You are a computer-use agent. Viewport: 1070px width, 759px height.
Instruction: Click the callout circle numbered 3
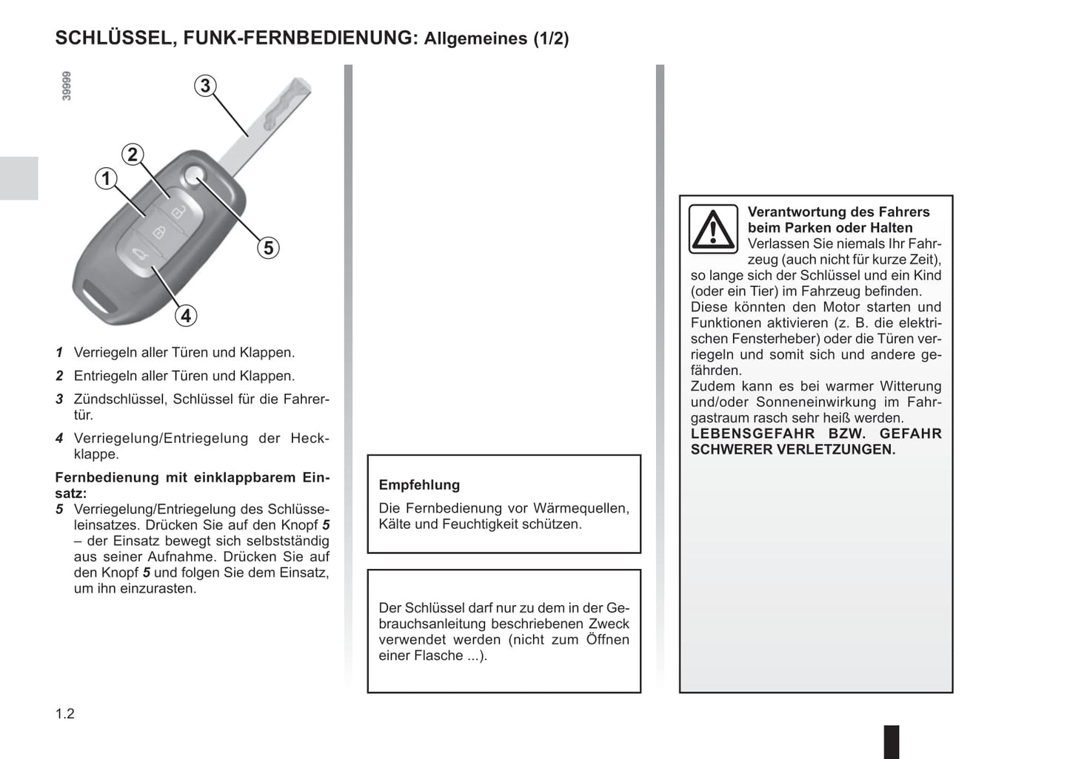coord(206,86)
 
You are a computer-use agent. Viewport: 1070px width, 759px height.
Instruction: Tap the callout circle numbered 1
coord(106,178)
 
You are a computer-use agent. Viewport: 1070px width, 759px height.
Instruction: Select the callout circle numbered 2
coord(133,155)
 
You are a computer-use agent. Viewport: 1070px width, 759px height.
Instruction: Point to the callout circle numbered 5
coord(268,248)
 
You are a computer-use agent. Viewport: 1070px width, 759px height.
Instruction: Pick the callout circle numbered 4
coord(186,316)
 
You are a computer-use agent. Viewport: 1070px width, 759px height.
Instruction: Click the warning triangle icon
coord(712,229)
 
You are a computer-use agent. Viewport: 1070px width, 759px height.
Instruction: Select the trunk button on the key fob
coord(139,256)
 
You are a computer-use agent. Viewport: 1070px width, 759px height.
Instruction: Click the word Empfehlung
coord(419,485)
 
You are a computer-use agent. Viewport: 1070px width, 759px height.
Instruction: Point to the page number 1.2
coord(65,714)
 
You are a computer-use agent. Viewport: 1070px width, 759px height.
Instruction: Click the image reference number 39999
coord(67,87)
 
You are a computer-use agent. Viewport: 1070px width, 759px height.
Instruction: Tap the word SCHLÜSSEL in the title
coord(113,38)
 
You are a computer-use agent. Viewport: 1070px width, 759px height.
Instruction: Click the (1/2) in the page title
coord(551,38)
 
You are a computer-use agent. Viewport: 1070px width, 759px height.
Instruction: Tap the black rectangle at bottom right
coord(892,741)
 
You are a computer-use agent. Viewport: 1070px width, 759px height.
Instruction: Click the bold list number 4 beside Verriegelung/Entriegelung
coord(59,439)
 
